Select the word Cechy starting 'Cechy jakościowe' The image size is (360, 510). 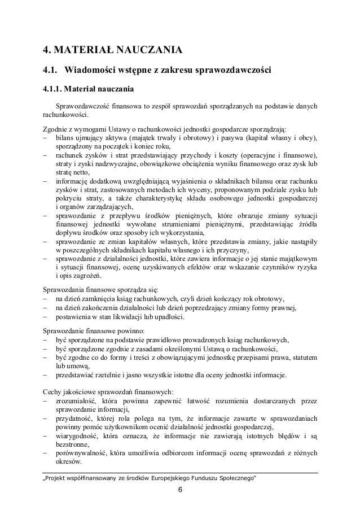54,391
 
